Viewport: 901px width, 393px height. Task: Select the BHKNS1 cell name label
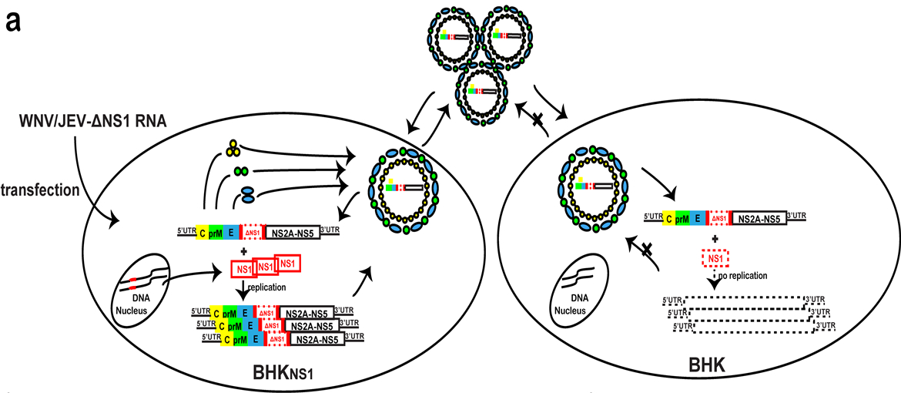coord(283,373)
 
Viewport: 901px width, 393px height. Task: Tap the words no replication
coord(742,275)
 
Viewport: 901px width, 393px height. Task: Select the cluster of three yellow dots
coord(233,146)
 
